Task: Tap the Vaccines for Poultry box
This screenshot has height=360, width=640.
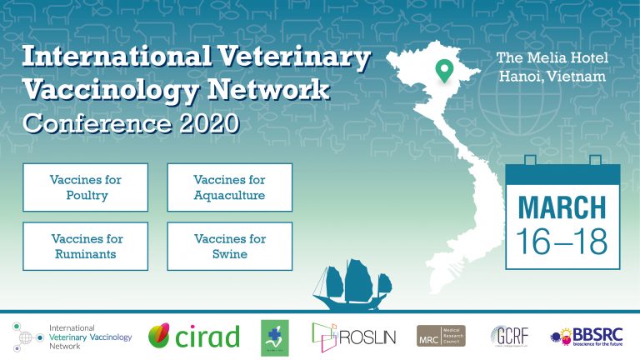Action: [86, 187]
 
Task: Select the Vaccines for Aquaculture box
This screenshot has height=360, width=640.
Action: [229, 187]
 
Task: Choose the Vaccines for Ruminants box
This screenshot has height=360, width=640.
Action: [86, 246]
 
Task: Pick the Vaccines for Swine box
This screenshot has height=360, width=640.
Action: [229, 246]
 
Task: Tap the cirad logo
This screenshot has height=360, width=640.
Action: [194, 336]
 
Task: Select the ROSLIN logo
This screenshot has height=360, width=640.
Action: [353, 336]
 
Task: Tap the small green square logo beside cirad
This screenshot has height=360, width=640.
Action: [273, 336]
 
